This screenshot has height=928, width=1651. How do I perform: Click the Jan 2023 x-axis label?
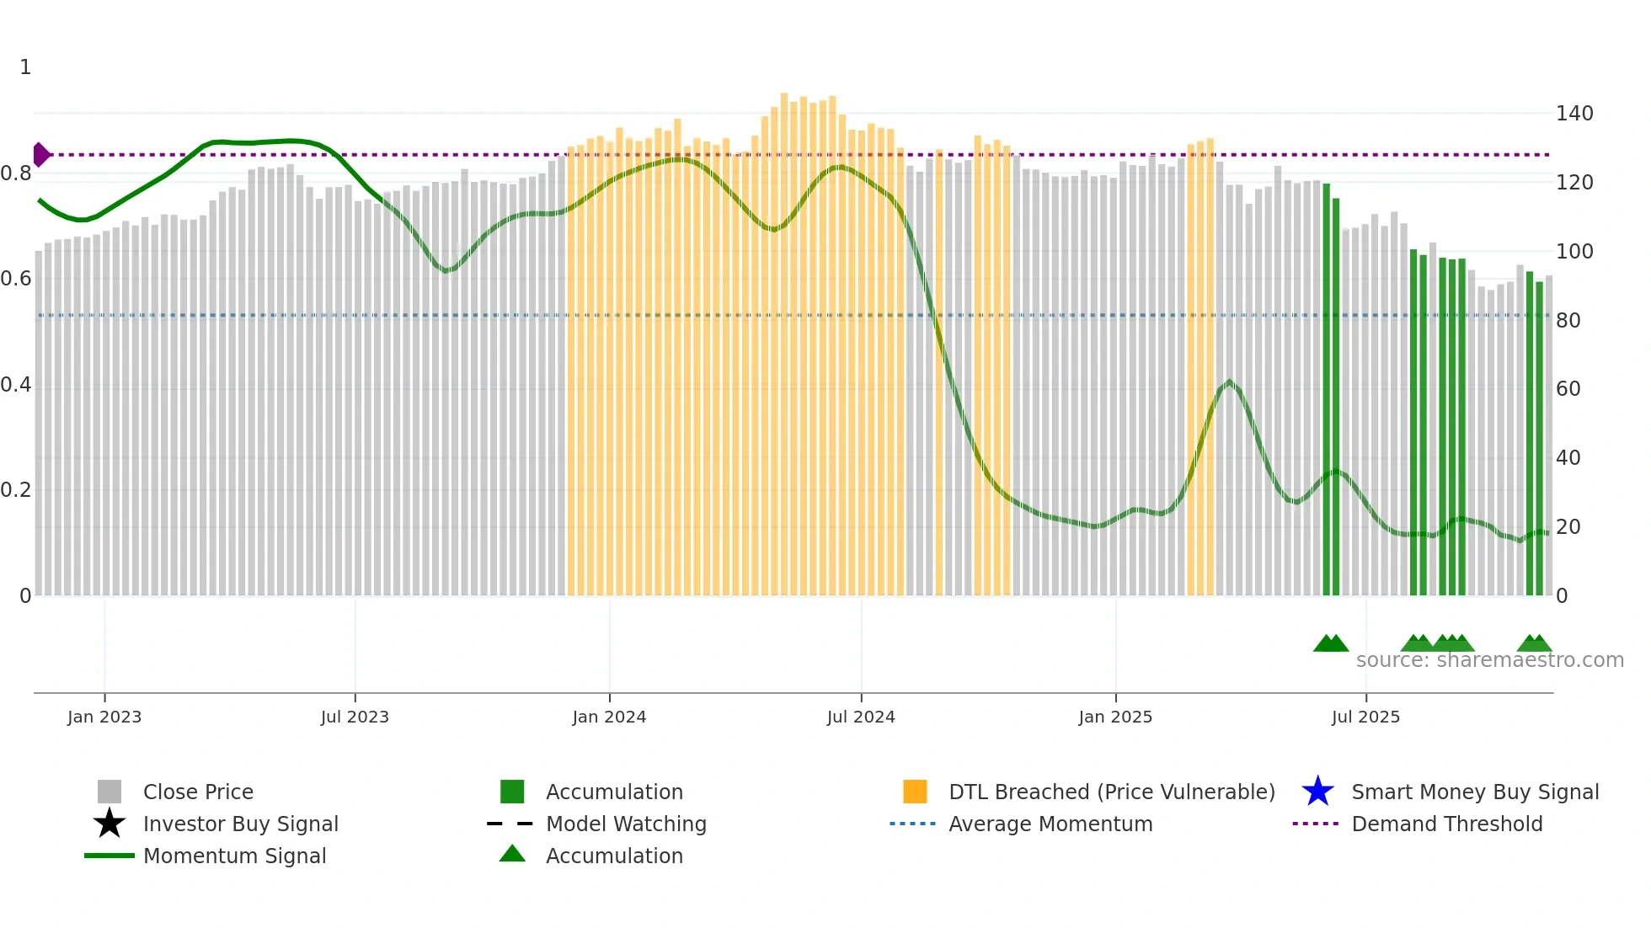[104, 717]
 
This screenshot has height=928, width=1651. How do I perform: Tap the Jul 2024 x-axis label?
[861, 717]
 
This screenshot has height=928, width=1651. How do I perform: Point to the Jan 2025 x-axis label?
[1115, 717]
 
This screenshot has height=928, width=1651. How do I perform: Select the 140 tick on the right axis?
[1574, 114]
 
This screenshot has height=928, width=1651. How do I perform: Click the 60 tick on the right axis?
[1568, 389]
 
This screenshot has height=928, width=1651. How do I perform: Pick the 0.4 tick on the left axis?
[16, 385]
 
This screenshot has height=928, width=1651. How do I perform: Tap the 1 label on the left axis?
[25, 67]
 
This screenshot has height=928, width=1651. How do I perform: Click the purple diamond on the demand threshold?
[40, 155]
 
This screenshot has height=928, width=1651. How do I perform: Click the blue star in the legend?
[1317, 792]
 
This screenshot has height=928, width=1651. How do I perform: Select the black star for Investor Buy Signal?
[110, 824]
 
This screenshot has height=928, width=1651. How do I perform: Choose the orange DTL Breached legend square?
[915, 792]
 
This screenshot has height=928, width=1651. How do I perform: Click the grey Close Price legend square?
[110, 792]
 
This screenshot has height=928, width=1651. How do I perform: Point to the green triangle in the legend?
[512, 855]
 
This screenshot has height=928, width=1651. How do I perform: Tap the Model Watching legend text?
[626, 824]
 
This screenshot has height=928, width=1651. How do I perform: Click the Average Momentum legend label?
[1050, 824]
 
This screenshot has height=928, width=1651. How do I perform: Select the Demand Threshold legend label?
[1446, 824]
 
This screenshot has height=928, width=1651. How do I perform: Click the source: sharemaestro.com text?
[1489, 660]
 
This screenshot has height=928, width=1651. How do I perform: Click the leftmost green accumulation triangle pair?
[1331, 643]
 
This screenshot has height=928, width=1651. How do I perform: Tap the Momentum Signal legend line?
[110, 856]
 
